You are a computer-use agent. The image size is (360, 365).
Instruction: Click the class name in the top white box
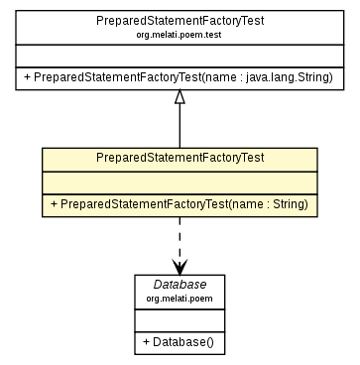[x=179, y=21]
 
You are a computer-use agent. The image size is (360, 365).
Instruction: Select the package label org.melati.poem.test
[x=179, y=35]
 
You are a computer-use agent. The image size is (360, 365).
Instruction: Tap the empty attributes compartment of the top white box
[x=179, y=55]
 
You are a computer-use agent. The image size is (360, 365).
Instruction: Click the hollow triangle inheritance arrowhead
[x=179, y=96]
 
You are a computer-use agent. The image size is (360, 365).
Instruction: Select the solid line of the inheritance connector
[x=179, y=126]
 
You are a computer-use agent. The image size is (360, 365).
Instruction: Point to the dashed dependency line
[x=179, y=238]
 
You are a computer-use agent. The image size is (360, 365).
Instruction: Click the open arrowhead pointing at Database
[x=179, y=267]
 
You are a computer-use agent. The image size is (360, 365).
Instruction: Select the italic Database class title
[x=179, y=284]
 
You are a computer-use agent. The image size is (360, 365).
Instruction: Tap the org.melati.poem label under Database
[x=179, y=297]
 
